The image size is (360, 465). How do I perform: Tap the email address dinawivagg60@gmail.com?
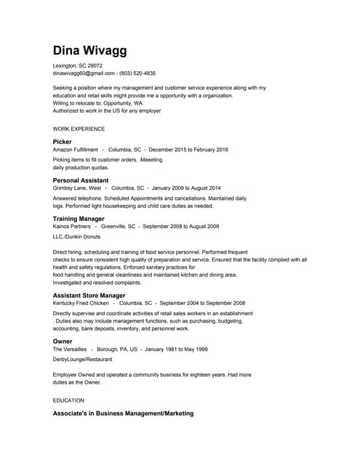tap(84, 73)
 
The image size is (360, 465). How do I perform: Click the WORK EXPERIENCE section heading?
tap(79, 129)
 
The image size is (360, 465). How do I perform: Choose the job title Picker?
tap(63, 141)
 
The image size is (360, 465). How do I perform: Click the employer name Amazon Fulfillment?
tap(76, 150)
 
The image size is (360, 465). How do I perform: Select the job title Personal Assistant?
tap(81, 180)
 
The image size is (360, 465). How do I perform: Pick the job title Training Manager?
tap(79, 219)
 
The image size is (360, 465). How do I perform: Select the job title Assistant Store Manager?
tap(89, 296)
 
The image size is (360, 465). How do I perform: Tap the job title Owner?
tap(62, 341)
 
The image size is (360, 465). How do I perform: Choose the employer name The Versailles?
tap(70, 349)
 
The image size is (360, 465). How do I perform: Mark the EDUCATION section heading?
tap(68, 400)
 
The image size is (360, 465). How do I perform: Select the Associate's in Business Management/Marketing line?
tap(123, 413)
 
